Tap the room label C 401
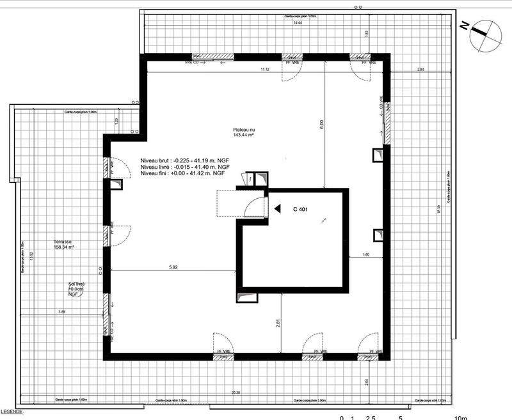pyautogui.click(x=301, y=209)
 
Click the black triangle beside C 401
pyautogui.click(x=277, y=208)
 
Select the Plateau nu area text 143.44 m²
pyautogui.click(x=244, y=136)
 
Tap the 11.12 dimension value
pyautogui.click(x=264, y=68)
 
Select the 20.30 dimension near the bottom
pyautogui.click(x=236, y=392)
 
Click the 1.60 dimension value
pyautogui.click(x=367, y=255)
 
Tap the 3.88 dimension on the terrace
pyautogui.click(x=61, y=311)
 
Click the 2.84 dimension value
pyautogui.click(x=420, y=68)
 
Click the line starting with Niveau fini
pyautogui.click(x=182, y=173)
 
